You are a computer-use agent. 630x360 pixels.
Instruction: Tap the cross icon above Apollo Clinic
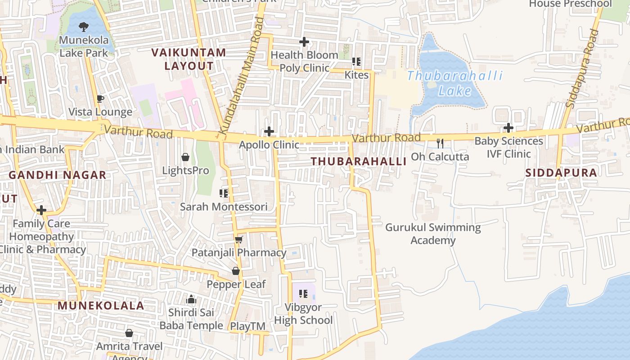[269, 131]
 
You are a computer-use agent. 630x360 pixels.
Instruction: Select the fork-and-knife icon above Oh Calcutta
[440, 144]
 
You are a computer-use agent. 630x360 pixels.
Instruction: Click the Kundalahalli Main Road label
[241, 76]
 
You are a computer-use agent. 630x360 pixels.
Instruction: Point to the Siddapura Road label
[583, 68]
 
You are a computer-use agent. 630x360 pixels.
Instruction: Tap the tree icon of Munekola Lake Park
[84, 27]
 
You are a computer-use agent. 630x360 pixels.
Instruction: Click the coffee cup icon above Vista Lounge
[100, 99]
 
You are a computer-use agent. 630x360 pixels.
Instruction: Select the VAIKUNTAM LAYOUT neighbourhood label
[189, 59]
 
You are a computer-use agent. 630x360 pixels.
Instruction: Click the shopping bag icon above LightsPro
[185, 157]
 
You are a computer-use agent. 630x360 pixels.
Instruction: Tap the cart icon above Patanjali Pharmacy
[239, 239]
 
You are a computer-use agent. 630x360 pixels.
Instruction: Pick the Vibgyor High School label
[303, 314]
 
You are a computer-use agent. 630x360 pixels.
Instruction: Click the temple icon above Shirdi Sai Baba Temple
[191, 299]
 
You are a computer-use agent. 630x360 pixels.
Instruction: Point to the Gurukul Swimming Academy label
[433, 234]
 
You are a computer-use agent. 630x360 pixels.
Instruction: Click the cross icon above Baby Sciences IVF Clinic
[508, 128]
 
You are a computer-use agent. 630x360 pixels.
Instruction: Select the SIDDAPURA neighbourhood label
[561, 173]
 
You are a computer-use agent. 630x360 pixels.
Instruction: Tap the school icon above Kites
[356, 62]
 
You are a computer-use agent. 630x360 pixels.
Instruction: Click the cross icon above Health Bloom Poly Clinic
[304, 42]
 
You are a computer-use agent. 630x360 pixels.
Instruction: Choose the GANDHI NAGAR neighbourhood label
[58, 175]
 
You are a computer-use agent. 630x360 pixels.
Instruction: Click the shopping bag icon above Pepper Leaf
[236, 271]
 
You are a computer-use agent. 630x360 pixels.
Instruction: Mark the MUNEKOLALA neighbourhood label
[101, 306]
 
